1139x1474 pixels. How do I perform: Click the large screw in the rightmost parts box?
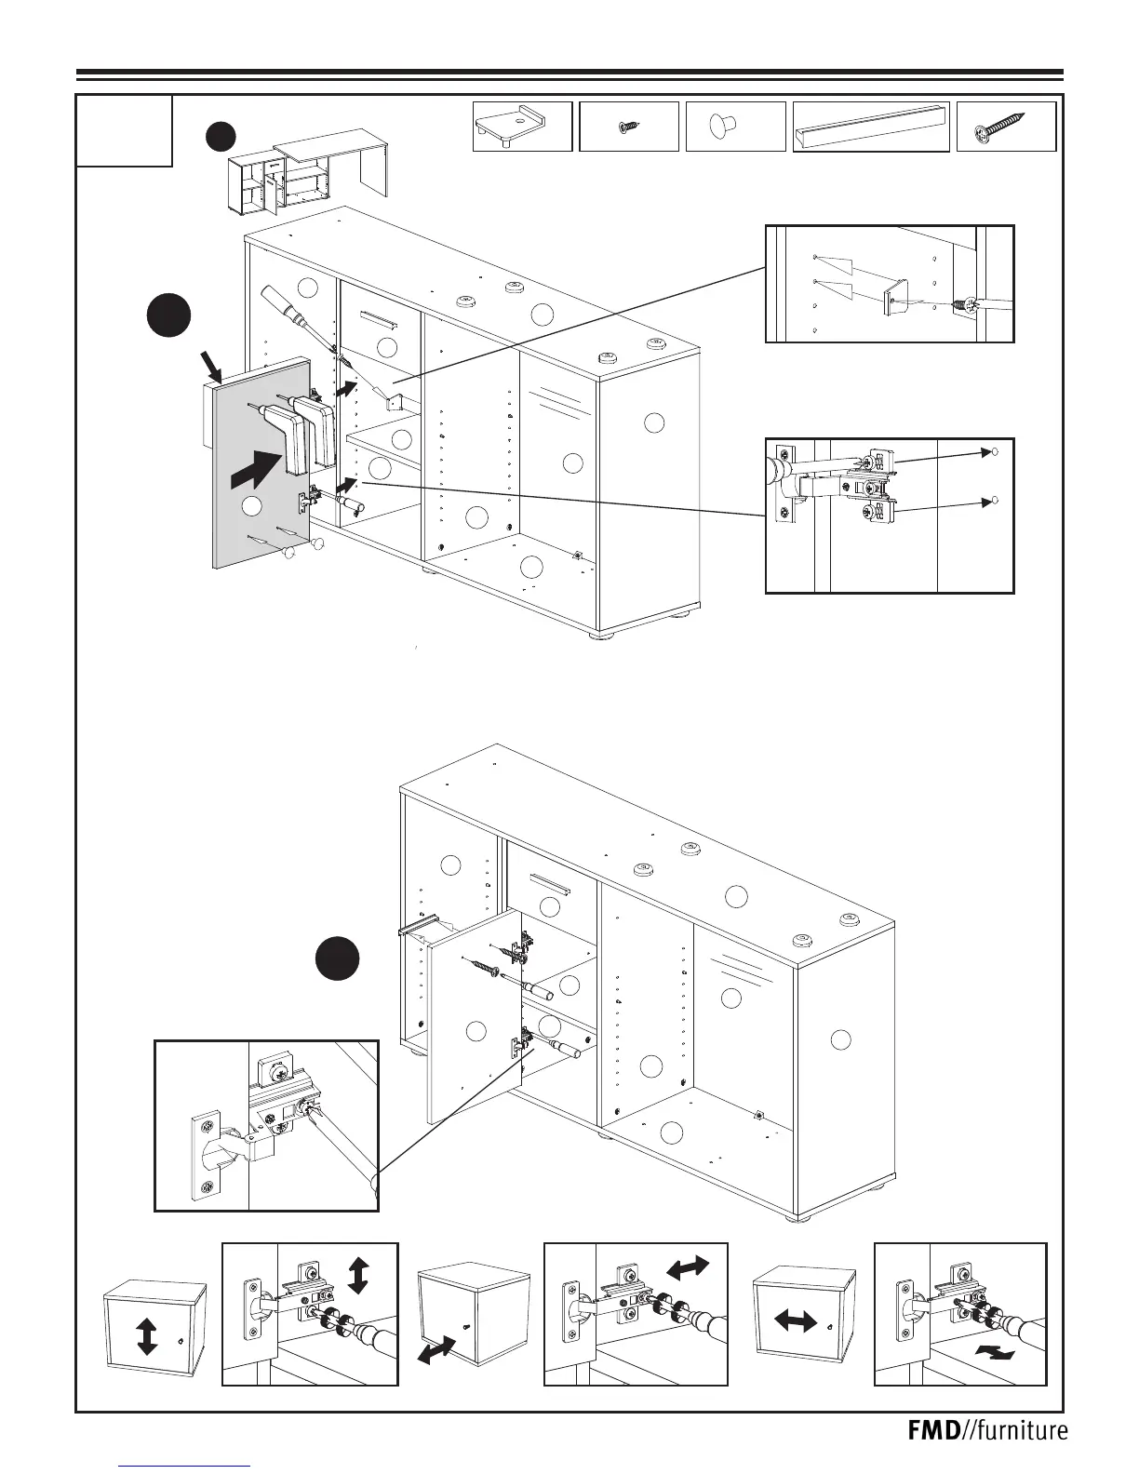(1003, 127)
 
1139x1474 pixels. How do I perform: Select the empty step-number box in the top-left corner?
(124, 130)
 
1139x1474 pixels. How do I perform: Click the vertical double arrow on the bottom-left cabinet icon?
(146, 1336)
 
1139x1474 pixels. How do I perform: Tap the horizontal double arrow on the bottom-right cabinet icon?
(796, 1320)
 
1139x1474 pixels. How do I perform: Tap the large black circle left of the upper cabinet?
(169, 315)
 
